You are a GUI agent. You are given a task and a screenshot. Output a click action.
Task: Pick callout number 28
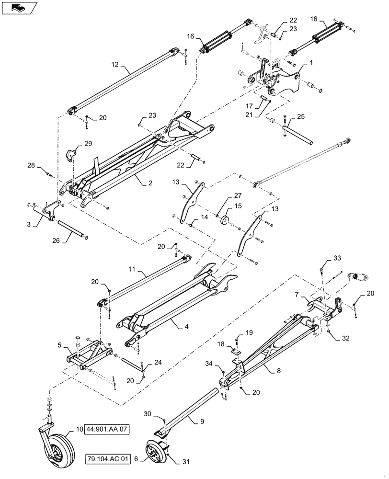31,166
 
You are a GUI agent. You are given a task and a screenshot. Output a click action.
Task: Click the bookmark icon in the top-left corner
19,7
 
